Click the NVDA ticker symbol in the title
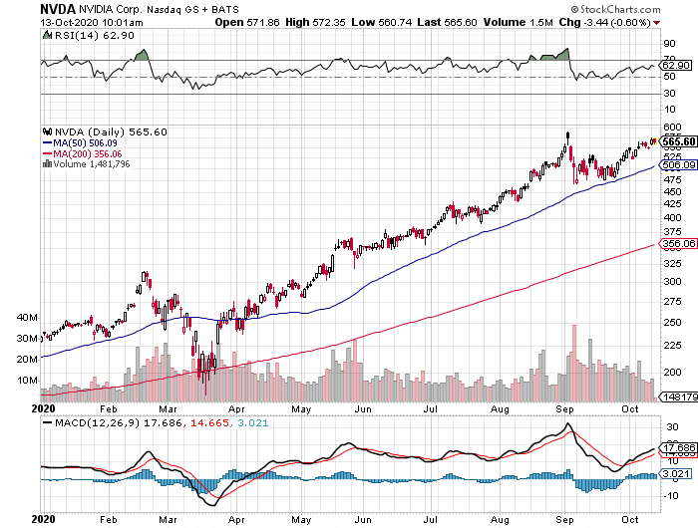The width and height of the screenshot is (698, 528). click(24, 8)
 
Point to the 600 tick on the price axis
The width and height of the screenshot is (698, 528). click(670, 127)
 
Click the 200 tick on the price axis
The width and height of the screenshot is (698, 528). click(670, 372)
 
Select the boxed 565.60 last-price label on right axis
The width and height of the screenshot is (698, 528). click(678, 141)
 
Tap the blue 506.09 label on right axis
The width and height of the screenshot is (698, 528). click(678, 164)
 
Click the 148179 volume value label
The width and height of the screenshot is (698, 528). click(678, 397)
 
